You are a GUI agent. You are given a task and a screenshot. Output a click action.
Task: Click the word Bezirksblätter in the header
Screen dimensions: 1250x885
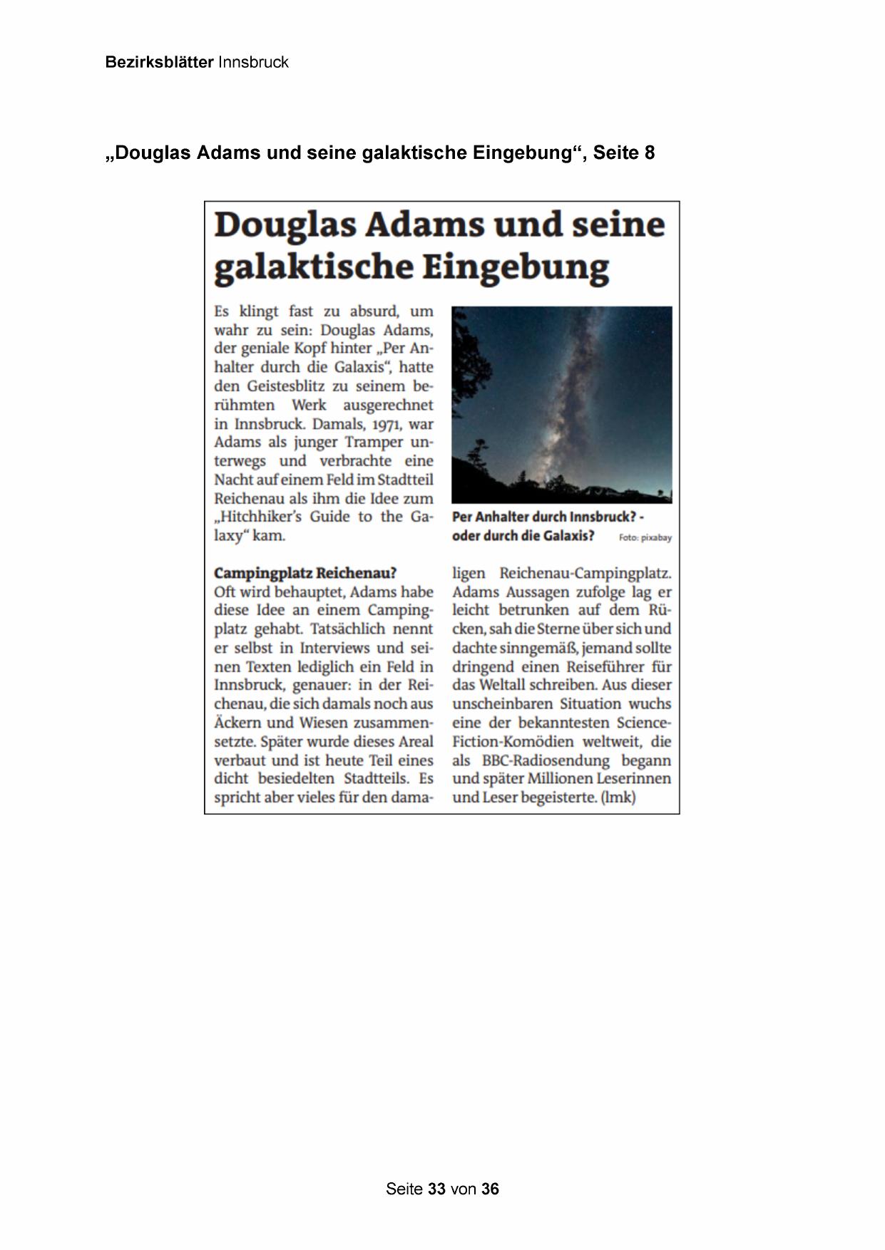159,62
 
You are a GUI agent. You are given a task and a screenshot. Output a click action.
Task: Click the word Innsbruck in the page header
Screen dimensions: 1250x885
253,62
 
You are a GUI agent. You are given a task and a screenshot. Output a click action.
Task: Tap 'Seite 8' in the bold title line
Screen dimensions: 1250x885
623,153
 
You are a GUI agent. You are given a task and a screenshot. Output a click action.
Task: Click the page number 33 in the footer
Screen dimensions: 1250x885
437,1189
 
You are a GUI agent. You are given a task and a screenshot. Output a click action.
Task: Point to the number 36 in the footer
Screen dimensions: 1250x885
490,1189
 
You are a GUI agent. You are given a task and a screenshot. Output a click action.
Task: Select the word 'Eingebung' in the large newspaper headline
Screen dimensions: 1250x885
516,267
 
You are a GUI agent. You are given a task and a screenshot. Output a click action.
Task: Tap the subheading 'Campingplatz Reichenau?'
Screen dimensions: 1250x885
305,573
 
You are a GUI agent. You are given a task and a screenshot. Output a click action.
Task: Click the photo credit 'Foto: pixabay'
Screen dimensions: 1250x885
645,538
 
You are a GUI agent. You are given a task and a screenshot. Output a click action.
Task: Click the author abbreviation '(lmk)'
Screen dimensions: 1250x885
618,797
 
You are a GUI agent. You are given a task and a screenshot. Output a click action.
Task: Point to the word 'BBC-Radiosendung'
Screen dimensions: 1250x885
546,760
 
